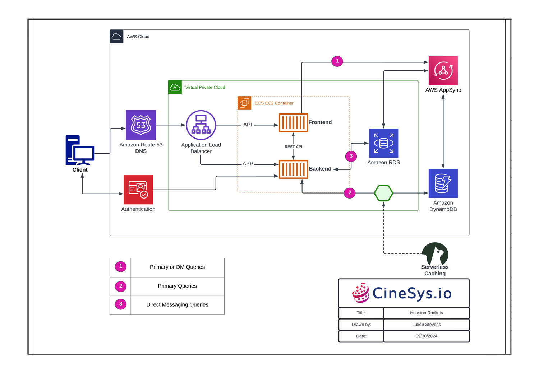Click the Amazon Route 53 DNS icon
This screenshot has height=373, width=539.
click(x=140, y=125)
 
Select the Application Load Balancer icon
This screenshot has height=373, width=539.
click(x=201, y=125)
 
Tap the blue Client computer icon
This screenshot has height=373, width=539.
click(x=80, y=150)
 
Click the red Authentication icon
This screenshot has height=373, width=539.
click(x=138, y=190)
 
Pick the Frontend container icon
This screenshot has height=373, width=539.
click(x=293, y=123)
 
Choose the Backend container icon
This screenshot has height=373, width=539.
click(x=293, y=169)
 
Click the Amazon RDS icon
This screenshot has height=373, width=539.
click(x=383, y=143)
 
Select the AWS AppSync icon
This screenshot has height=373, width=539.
click(x=443, y=70)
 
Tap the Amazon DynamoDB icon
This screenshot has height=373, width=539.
click(x=443, y=183)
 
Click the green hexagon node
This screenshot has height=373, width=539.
click(x=383, y=193)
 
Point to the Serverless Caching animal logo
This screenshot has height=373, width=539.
click(x=435, y=253)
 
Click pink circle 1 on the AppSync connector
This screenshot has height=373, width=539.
click(x=337, y=61)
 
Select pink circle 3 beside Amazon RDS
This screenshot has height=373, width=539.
click(x=351, y=156)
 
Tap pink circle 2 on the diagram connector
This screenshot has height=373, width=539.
click(x=350, y=193)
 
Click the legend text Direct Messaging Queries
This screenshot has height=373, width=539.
click(x=177, y=305)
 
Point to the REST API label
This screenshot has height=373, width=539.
click(x=293, y=147)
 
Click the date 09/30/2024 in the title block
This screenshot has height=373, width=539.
click(x=426, y=336)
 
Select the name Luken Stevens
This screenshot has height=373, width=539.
click(x=426, y=325)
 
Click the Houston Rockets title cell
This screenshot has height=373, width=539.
click(x=426, y=313)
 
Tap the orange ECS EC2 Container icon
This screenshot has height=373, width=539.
click(x=244, y=103)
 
